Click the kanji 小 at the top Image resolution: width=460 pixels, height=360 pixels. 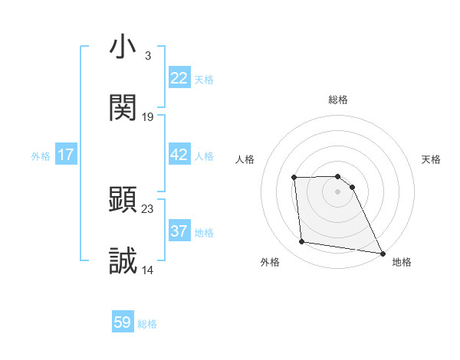tap(123, 47)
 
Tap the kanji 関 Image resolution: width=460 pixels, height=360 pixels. tap(123, 109)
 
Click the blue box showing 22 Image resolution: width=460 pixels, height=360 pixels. tap(179, 78)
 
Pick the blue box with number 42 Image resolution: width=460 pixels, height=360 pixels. tap(179, 155)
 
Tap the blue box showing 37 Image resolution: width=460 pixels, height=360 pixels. tap(179, 231)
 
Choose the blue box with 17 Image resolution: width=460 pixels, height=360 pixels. tap(66, 155)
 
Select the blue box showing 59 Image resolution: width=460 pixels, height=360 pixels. tap(123, 322)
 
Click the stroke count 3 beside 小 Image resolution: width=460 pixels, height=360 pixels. tap(147, 56)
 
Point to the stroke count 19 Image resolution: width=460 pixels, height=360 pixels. tap(148, 117)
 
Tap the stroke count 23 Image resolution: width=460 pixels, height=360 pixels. tap(148, 208)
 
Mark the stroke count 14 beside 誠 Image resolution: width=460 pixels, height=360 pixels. tap(148, 270)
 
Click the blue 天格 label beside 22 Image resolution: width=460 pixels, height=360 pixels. tap(204, 79)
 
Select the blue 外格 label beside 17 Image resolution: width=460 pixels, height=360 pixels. tap(41, 155)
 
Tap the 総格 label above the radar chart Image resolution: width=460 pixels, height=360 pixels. tap(337, 100)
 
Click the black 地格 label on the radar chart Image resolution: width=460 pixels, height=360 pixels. tap(402, 262)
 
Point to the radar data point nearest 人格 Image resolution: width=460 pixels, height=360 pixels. tap(294, 178)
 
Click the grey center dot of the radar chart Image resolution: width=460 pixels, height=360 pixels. tap(337, 191)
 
